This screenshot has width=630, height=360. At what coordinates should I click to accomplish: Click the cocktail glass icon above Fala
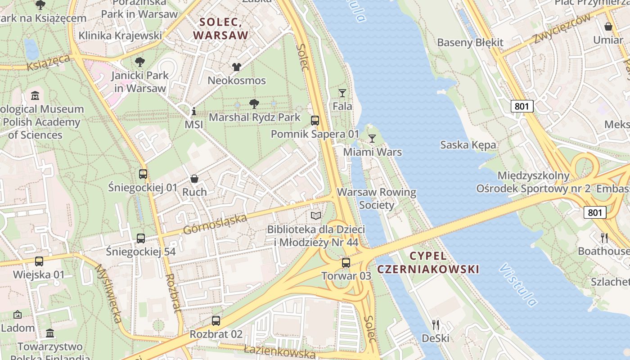click(x=342, y=93)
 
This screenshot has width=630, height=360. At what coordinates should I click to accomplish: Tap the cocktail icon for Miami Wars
click(x=372, y=139)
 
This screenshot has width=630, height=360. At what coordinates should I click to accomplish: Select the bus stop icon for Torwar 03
click(x=346, y=263)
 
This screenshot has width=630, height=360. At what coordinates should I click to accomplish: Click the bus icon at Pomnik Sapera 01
click(x=315, y=121)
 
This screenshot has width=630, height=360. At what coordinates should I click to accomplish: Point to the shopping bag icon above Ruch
click(x=194, y=179)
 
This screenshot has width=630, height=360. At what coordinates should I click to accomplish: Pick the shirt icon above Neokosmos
click(x=237, y=67)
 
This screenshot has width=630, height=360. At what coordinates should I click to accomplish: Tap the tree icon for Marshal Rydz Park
click(x=254, y=104)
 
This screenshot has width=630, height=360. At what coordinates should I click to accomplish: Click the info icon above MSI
click(x=194, y=111)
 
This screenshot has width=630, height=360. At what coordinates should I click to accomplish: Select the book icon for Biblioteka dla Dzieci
click(x=316, y=216)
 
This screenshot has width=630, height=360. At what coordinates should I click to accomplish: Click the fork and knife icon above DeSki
click(x=435, y=324)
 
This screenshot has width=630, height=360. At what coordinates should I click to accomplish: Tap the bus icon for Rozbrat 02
click(x=216, y=321)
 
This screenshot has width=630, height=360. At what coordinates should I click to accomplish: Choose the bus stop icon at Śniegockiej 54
click(x=141, y=238)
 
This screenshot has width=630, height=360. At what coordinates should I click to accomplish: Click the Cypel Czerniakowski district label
click(x=428, y=263)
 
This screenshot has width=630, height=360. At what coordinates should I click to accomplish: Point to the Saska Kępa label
click(x=468, y=145)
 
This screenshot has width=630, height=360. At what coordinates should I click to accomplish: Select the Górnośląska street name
click(x=215, y=224)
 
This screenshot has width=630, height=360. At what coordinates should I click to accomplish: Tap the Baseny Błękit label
click(x=470, y=43)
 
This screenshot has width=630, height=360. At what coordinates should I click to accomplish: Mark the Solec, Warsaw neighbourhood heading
click(x=220, y=28)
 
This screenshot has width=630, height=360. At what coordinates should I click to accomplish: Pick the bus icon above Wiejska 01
click(x=39, y=261)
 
